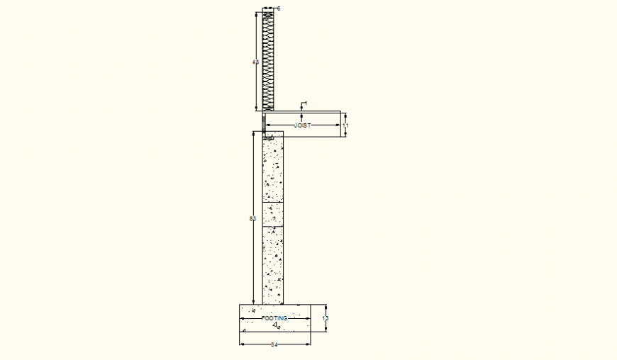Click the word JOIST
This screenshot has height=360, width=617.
click(x=303, y=125)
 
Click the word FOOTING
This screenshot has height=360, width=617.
click(x=275, y=319)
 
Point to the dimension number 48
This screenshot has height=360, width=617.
click(x=255, y=62)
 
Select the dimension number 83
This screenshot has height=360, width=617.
click(x=252, y=219)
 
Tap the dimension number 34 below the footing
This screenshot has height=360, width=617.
click(x=275, y=345)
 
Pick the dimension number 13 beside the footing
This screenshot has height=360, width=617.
click(x=326, y=319)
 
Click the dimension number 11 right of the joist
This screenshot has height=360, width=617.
click(x=345, y=125)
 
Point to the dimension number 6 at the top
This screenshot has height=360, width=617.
click(x=279, y=9)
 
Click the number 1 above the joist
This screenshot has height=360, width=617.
click(x=306, y=103)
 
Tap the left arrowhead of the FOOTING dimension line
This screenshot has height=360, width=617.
click(x=243, y=319)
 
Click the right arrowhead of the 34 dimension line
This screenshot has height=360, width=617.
click(x=308, y=344)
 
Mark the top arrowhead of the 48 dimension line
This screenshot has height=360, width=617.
click(x=255, y=13)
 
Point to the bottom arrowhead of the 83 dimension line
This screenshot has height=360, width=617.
click(x=253, y=301)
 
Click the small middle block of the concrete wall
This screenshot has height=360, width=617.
click(x=273, y=214)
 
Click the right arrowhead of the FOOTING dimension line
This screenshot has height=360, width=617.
click(x=308, y=319)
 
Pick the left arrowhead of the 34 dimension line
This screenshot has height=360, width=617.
click(x=242, y=344)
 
